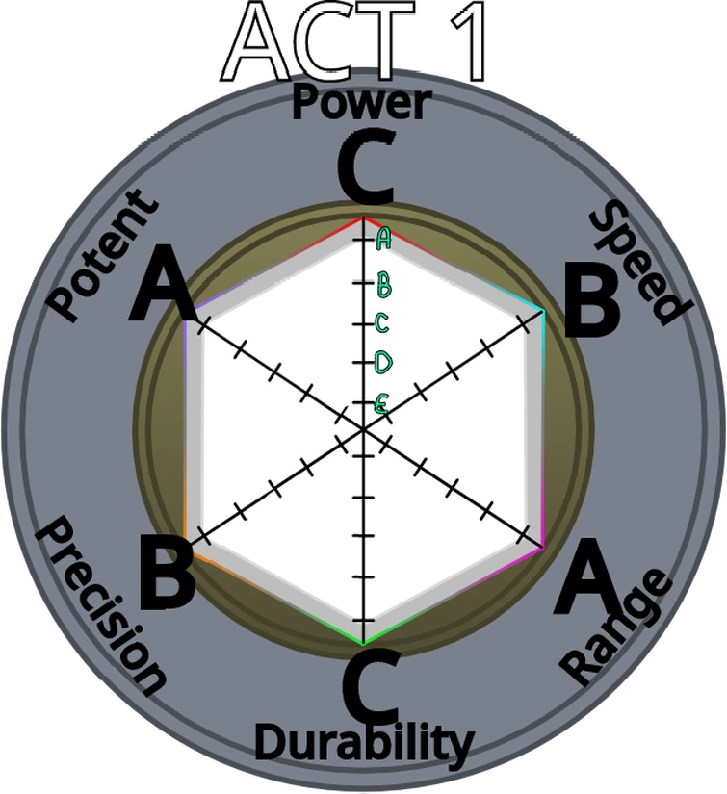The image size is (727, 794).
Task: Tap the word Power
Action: (x=362, y=104)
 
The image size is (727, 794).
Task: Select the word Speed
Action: (x=639, y=263)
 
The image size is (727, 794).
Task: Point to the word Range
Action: (x=616, y=626)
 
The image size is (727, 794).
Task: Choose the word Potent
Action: (x=102, y=255)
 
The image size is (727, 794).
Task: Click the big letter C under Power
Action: (x=365, y=166)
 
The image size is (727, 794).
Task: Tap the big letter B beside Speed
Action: (x=591, y=299)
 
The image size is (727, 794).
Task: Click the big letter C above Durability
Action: (x=371, y=686)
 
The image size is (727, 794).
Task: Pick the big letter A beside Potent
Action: (x=162, y=282)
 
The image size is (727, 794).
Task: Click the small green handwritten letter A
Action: (x=384, y=239)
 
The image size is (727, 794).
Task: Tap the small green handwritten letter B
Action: (x=384, y=285)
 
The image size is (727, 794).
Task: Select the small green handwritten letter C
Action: (x=382, y=323)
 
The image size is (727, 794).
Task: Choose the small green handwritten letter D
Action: (x=383, y=363)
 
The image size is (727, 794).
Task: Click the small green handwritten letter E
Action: (x=381, y=404)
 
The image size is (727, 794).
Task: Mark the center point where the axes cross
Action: (x=363, y=429)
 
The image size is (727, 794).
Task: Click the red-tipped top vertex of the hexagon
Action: (x=363, y=217)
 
